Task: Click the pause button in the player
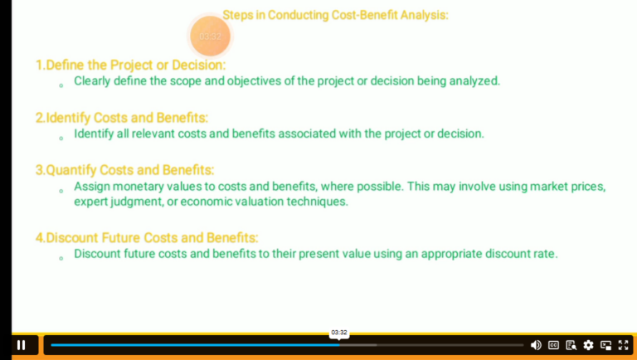[x=22, y=345]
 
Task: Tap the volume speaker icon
[x=536, y=345]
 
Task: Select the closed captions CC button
[x=553, y=345]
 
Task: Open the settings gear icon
[x=588, y=345]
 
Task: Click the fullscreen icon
[x=623, y=345]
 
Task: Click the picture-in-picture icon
[x=605, y=345]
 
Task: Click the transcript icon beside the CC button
[x=571, y=345]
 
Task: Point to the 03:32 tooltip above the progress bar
[x=339, y=333]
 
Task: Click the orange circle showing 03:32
[x=210, y=36]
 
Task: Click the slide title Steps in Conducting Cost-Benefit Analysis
[x=335, y=15]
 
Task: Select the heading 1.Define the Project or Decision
[x=130, y=65]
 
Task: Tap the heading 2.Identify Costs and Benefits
[x=121, y=118]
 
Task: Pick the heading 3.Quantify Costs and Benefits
[x=124, y=170]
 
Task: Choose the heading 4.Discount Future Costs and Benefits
[x=147, y=238]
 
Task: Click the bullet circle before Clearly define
[x=61, y=85]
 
